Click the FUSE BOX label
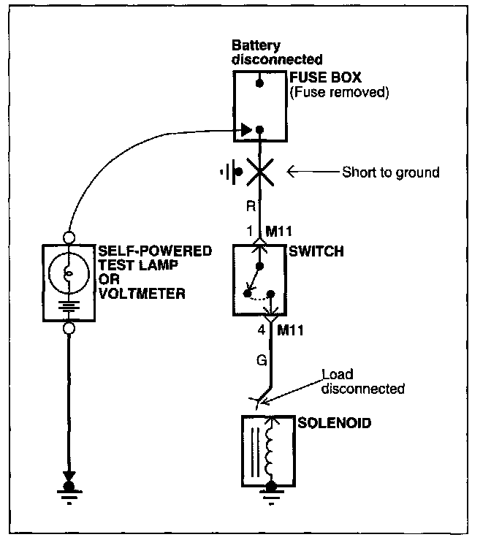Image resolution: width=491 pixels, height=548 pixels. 325,77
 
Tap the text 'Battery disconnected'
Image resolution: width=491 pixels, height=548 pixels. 277,53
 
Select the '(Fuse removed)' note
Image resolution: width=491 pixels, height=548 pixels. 339,92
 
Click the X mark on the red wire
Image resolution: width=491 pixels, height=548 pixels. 260,172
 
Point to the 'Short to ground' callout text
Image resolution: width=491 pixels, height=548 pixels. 391,172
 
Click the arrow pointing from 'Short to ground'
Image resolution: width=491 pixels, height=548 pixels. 313,172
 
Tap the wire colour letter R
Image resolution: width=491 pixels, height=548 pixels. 251,206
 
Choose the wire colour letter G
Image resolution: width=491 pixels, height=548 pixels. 262,360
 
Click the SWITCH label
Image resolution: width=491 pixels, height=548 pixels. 316,251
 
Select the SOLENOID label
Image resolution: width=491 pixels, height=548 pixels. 335,423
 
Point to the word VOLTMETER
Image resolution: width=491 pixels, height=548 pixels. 142,294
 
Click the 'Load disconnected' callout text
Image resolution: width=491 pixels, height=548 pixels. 362,381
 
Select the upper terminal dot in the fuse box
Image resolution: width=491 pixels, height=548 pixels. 259,83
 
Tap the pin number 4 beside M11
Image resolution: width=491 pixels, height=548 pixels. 262,330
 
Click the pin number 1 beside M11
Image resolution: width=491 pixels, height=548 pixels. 250,231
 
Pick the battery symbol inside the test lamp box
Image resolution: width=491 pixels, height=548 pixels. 69,306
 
